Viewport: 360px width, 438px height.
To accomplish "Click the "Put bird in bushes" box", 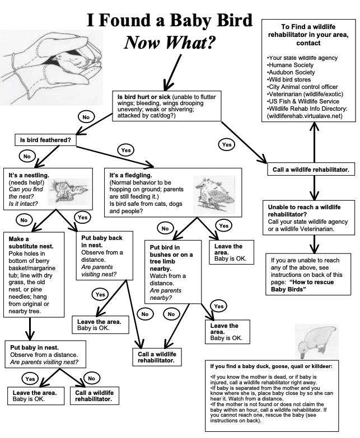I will point(171,271).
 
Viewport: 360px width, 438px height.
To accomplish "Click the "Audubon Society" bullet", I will point(291,72).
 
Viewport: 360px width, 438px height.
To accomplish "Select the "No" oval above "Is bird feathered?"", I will point(86,117).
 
